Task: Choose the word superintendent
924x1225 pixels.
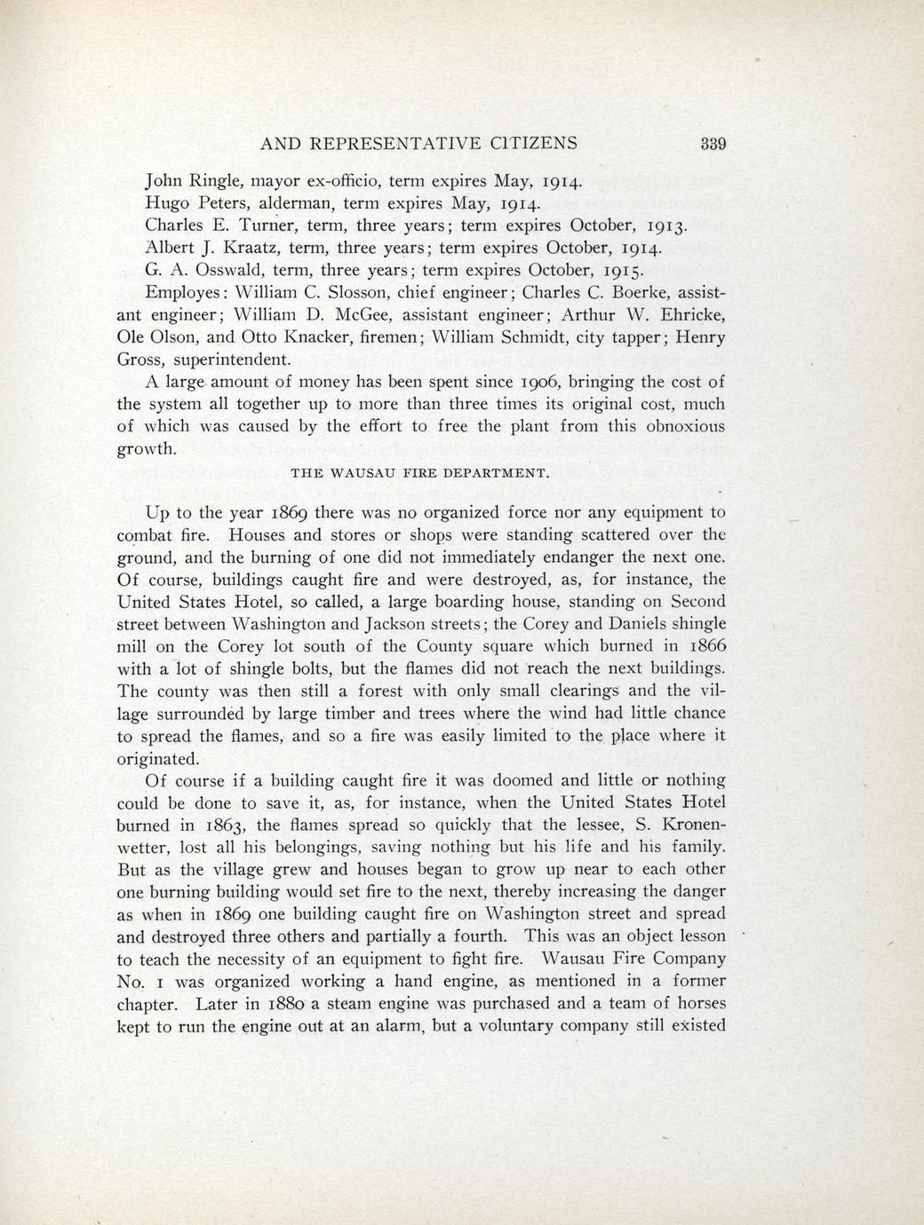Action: (231, 360)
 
